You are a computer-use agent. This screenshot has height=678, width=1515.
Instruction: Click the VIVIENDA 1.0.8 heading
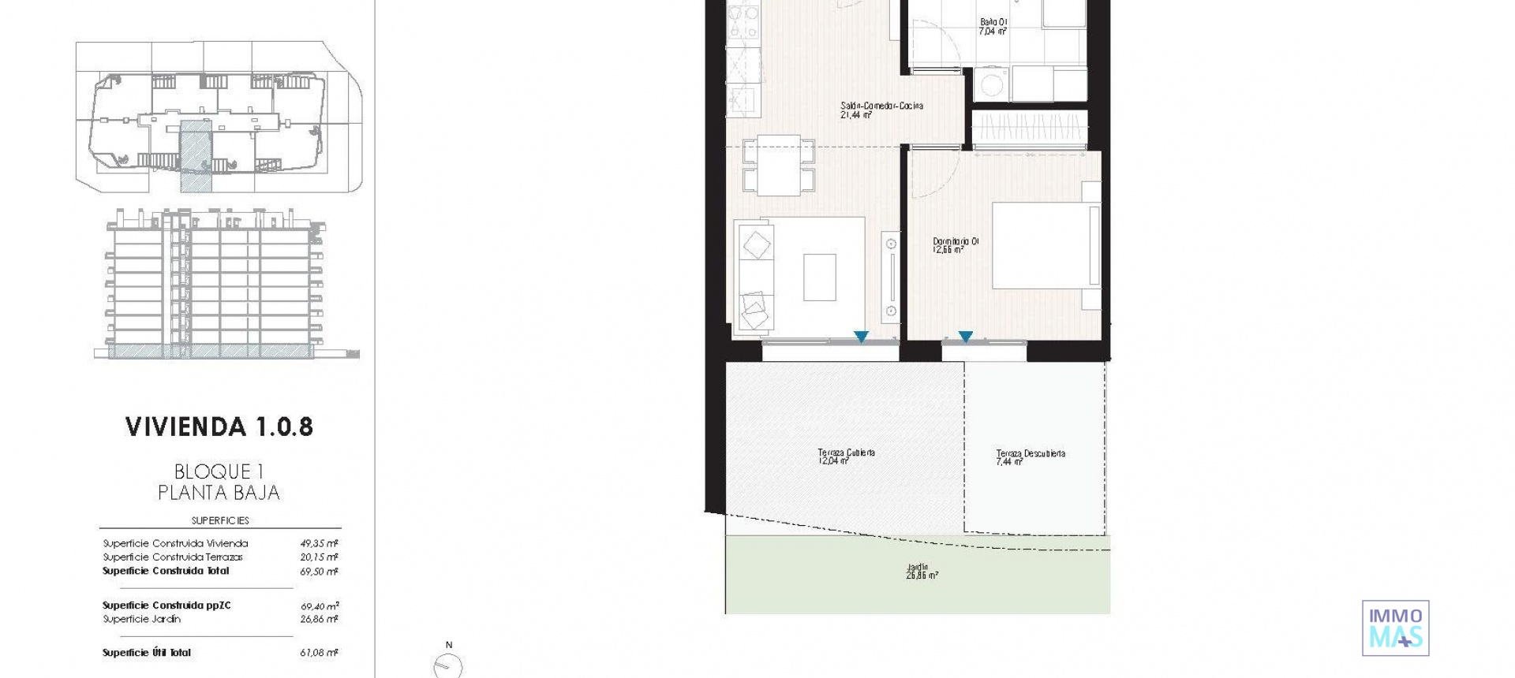pyautogui.click(x=219, y=427)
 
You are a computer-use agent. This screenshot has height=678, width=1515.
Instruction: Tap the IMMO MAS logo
pyautogui.click(x=1395, y=628)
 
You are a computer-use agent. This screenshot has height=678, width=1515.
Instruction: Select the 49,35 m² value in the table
pyautogui.click(x=319, y=543)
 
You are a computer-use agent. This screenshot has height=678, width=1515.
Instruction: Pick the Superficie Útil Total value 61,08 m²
pyautogui.click(x=319, y=653)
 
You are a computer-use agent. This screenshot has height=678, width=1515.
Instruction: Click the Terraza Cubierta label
pyautogui.click(x=846, y=453)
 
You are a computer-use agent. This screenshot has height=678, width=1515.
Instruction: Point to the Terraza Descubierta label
pyautogui.click(x=1030, y=454)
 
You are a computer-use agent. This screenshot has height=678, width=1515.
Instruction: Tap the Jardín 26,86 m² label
pyautogui.click(x=921, y=572)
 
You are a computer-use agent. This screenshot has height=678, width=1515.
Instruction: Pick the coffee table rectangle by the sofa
pyautogui.click(x=819, y=277)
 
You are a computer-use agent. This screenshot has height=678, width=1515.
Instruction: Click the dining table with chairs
pyautogui.click(x=779, y=166)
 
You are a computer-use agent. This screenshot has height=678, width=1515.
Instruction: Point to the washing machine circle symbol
pyautogui.click(x=990, y=83)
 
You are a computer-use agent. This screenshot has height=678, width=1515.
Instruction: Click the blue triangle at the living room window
pyautogui.click(x=861, y=337)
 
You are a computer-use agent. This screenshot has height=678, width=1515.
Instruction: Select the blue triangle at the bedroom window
pyautogui.click(x=965, y=337)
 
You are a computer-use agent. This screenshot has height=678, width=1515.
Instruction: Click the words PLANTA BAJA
pyautogui.click(x=219, y=493)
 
